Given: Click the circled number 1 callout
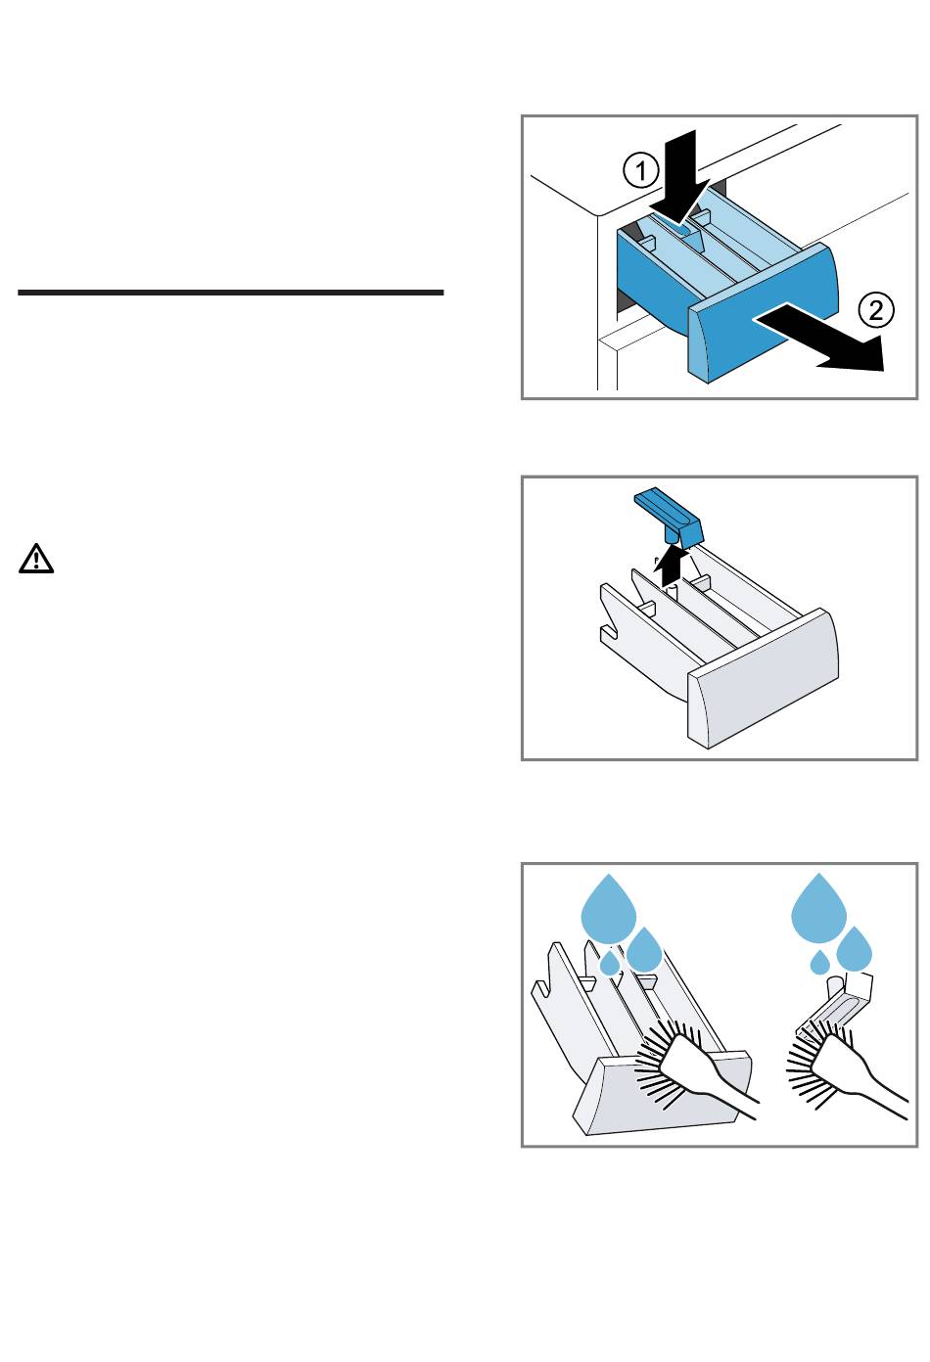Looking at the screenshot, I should pos(641,172).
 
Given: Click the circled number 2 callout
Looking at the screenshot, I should pos(876,310).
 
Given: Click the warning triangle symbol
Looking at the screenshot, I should pos(36,559).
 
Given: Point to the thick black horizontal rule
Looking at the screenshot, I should pos(231,292).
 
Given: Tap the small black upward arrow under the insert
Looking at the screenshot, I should pos(669,566).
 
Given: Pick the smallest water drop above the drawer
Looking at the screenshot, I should pos(610,964).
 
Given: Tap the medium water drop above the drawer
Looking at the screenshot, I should pos(644,950).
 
